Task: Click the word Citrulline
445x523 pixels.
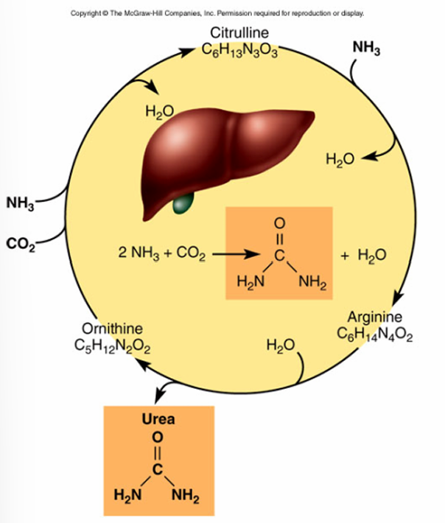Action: pyautogui.click(x=239, y=33)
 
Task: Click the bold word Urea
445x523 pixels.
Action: pyautogui.click(x=158, y=420)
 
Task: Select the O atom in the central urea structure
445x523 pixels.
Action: pyautogui.click(x=278, y=222)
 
